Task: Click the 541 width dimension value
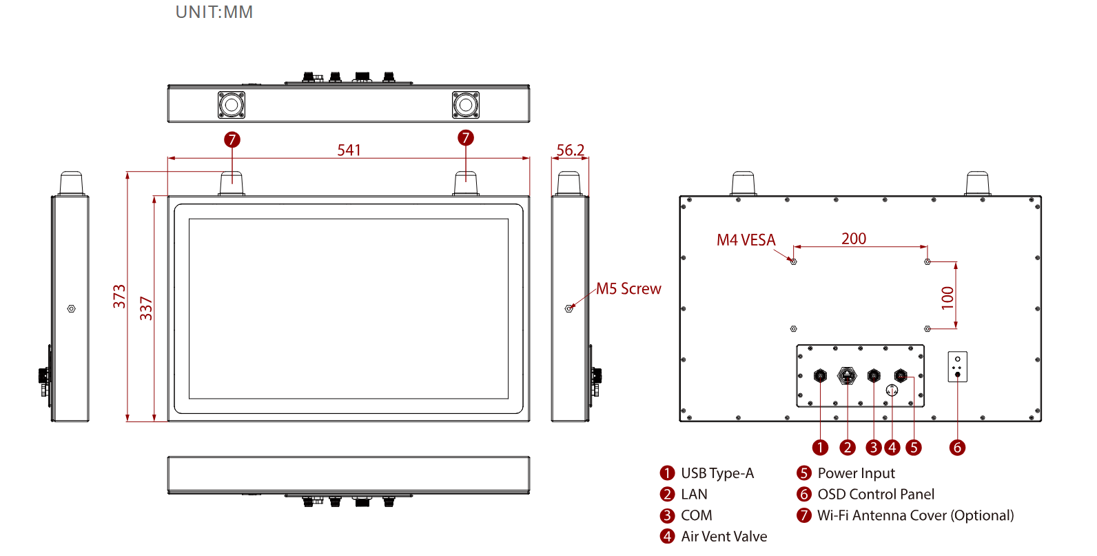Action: [349, 150]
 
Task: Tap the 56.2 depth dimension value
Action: [570, 150]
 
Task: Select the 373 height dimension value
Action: [120, 297]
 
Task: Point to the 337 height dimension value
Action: [146, 308]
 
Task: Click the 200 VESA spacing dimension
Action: [854, 239]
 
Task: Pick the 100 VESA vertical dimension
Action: [948, 297]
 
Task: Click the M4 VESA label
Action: [746, 240]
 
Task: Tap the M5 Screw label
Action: [628, 289]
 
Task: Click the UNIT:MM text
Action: [214, 12]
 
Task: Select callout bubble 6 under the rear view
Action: [957, 448]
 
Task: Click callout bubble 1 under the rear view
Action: [820, 448]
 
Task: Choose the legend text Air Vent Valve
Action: [724, 537]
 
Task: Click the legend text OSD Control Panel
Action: [876, 495]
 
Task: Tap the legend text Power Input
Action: [856, 473]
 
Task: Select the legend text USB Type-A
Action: [717, 473]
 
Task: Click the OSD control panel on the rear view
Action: [958, 367]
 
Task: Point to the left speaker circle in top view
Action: [232, 105]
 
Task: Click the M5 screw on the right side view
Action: [569, 308]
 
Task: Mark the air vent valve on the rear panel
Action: [892, 390]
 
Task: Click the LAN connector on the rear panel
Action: [847, 376]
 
